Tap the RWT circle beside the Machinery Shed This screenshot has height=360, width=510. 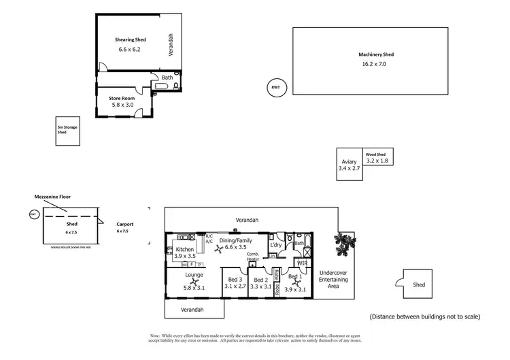click(x=275, y=88)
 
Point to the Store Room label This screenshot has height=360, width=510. click(x=122, y=98)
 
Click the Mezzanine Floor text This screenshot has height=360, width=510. click(x=52, y=197)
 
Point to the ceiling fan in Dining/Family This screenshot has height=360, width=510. click(x=218, y=249)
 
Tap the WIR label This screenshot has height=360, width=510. click(x=302, y=262)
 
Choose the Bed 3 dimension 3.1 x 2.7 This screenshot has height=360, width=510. click(x=233, y=287)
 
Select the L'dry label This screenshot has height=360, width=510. click(x=275, y=244)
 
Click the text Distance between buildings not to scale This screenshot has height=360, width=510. click(x=425, y=316)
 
